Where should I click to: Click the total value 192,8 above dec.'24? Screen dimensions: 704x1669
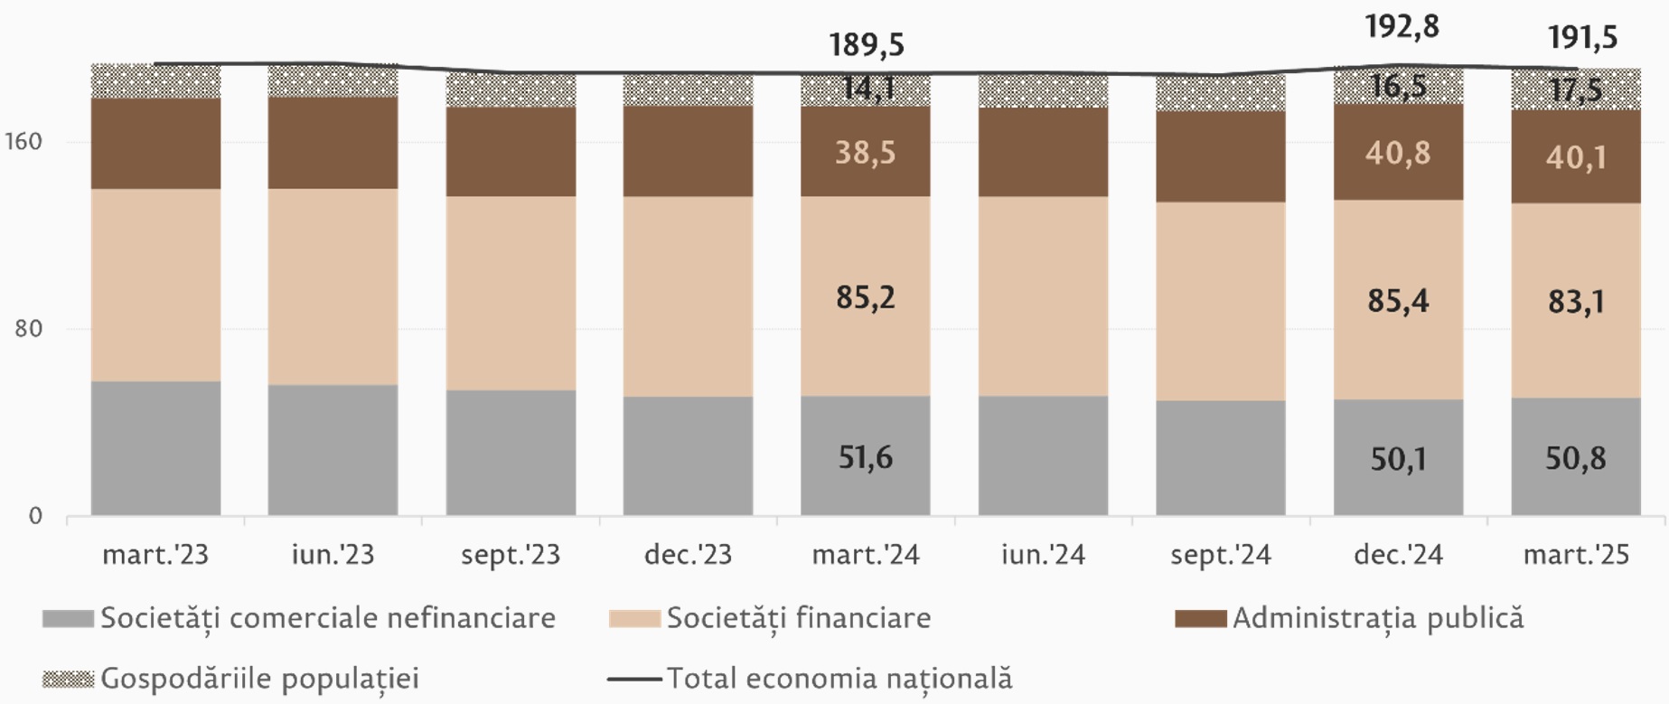(1402, 27)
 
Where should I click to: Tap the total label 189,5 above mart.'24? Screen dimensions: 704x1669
(867, 44)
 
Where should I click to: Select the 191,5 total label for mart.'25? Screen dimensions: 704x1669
(1582, 37)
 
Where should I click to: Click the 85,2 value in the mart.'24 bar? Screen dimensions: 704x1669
(866, 297)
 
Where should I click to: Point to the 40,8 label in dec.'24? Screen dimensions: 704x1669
(1398, 153)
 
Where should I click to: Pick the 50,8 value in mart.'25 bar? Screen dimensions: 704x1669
(1576, 458)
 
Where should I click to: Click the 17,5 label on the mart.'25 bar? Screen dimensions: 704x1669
(1576, 89)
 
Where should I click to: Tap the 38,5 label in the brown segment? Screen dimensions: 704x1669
(866, 152)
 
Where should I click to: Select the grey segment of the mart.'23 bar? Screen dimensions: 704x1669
(156, 448)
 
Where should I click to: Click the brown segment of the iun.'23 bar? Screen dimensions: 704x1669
(333, 143)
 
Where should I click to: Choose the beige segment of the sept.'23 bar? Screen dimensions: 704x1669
(511, 293)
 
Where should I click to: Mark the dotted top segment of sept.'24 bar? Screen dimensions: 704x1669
(1221, 93)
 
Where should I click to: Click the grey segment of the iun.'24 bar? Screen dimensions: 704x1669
(1043, 455)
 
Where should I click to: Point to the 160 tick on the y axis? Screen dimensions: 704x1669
(23, 142)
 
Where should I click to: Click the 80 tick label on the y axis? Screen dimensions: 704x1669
(28, 328)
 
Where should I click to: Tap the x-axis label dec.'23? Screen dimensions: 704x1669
(688, 554)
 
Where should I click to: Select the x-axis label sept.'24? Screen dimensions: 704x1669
(1221, 554)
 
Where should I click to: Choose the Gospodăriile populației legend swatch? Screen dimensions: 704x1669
(69, 679)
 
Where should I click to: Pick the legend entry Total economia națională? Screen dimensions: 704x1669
(839, 679)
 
